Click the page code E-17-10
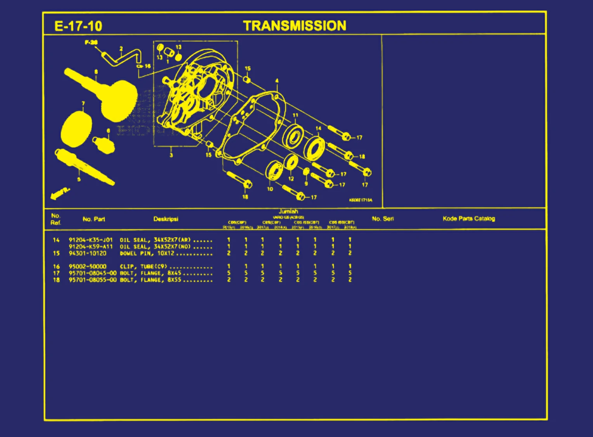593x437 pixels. point(78,26)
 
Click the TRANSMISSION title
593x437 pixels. point(295,26)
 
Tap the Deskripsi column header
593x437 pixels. point(166,219)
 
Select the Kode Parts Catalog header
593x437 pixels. point(469,219)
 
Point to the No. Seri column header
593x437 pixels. point(383,219)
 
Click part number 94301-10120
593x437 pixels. point(87,253)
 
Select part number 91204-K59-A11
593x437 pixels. point(91,247)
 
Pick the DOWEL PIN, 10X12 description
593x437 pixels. point(147,253)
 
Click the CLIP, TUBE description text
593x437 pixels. point(143,266)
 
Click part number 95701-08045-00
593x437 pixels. point(92,273)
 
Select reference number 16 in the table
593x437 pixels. point(56,266)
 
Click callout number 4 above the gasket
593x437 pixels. point(277,81)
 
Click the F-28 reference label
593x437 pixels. point(91,42)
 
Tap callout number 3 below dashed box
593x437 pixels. point(171,155)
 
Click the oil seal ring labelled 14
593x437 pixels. point(314,148)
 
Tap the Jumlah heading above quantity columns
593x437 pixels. point(288,211)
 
